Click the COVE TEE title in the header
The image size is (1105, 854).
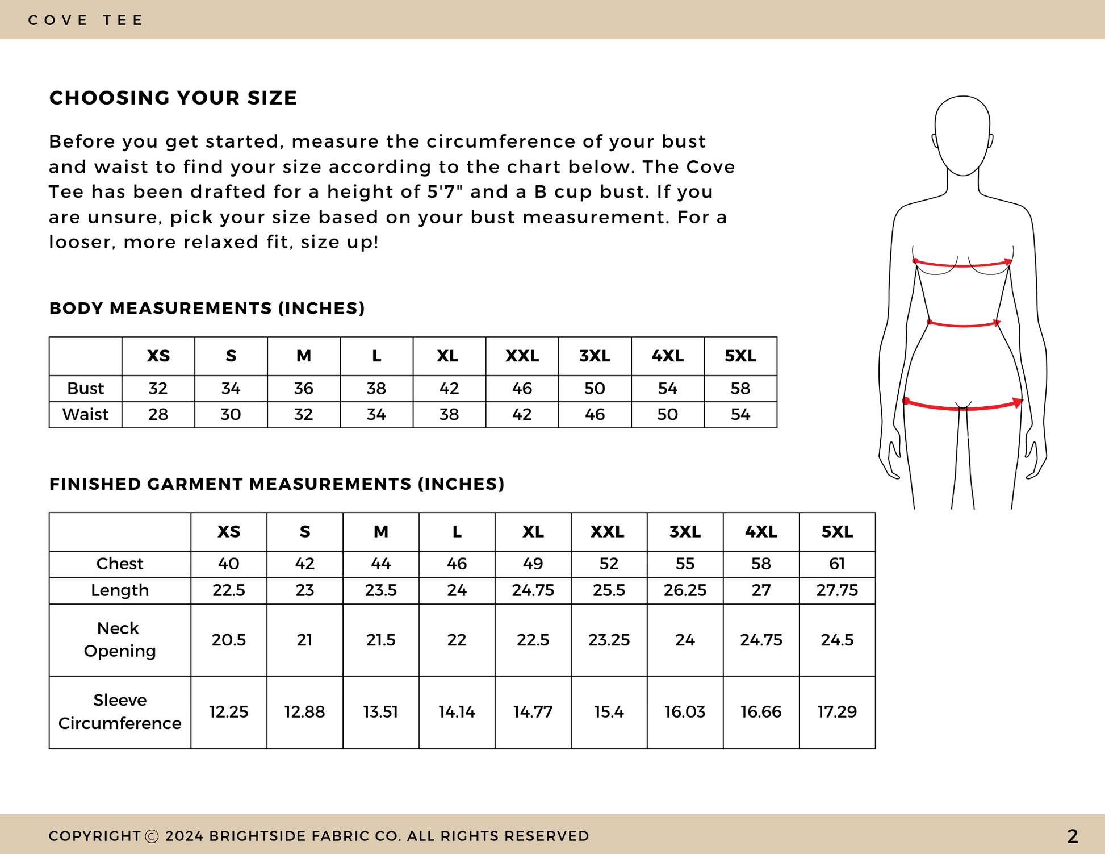pyautogui.click(x=86, y=20)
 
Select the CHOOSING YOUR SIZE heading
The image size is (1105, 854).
pyautogui.click(x=173, y=98)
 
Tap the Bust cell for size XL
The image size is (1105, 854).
pyautogui.click(x=449, y=389)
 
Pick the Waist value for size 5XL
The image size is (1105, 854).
pyautogui.click(x=740, y=415)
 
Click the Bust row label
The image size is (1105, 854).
pyautogui.click(x=85, y=389)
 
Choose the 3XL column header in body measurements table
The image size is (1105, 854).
pyautogui.click(x=595, y=356)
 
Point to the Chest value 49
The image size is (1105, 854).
pyautogui.click(x=533, y=564)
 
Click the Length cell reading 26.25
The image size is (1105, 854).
pyautogui.click(x=685, y=590)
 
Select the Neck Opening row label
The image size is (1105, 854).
pyautogui.click(x=119, y=640)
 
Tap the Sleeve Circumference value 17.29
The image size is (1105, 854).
pyautogui.click(x=837, y=712)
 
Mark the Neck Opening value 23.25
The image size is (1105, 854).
pyautogui.click(x=609, y=640)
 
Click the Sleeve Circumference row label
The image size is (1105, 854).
pyautogui.click(x=119, y=712)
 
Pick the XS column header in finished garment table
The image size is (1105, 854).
pyautogui.click(x=229, y=532)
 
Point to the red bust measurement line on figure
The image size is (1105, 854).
pyautogui.click(x=963, y=265)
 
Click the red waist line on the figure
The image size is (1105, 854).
pyautogui.click(x=963, y=326)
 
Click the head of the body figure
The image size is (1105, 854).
pyautogui.click(x=962, y=135)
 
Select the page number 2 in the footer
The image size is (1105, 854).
pyautogui.click(x=1072, y=836)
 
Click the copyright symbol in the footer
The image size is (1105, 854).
pyautogui.click(x=152, y=836)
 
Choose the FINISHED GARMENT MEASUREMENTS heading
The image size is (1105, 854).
pyautogui.click(x=277, y=484)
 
